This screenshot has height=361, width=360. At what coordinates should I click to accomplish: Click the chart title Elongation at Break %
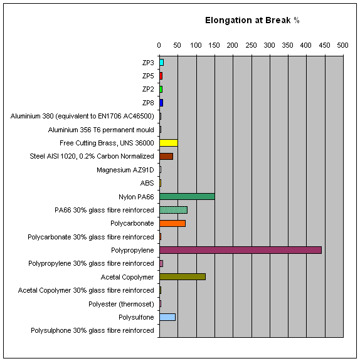[252, 20]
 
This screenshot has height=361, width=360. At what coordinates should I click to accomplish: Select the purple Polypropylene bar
[240, 250]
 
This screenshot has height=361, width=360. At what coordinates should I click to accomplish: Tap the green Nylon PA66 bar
[187, 197]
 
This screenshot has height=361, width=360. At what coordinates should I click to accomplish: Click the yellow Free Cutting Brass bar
[169, 143]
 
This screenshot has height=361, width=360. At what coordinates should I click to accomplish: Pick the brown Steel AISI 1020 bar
[166, 156]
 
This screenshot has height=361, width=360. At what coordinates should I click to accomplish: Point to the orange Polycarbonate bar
[172, 223]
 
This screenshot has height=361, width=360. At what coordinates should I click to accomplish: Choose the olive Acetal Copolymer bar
[183, 277]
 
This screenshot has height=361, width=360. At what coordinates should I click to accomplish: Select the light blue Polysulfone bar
[167, 317]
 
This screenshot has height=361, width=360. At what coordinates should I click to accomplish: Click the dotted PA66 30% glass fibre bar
[174, 210]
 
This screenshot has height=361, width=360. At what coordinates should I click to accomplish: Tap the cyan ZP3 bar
[161, 63]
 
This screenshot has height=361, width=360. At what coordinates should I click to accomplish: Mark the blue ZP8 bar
[161, 103]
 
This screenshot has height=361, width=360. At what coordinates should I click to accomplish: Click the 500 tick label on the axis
[342, 45]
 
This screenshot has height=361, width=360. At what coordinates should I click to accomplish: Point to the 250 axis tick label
[251, 45]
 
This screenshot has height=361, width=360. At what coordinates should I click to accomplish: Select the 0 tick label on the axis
[159, 45]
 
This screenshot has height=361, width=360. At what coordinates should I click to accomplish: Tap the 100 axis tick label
[196, 45]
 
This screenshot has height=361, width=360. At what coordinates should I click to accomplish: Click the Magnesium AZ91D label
[125, 170]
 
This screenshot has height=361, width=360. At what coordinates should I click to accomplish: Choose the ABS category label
[147, 183]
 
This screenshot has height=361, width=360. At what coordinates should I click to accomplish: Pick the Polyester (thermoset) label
[121, 304]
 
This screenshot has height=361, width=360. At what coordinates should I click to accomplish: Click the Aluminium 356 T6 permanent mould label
[101, 130]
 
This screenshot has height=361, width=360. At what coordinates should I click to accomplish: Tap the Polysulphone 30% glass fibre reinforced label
[92, 330]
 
